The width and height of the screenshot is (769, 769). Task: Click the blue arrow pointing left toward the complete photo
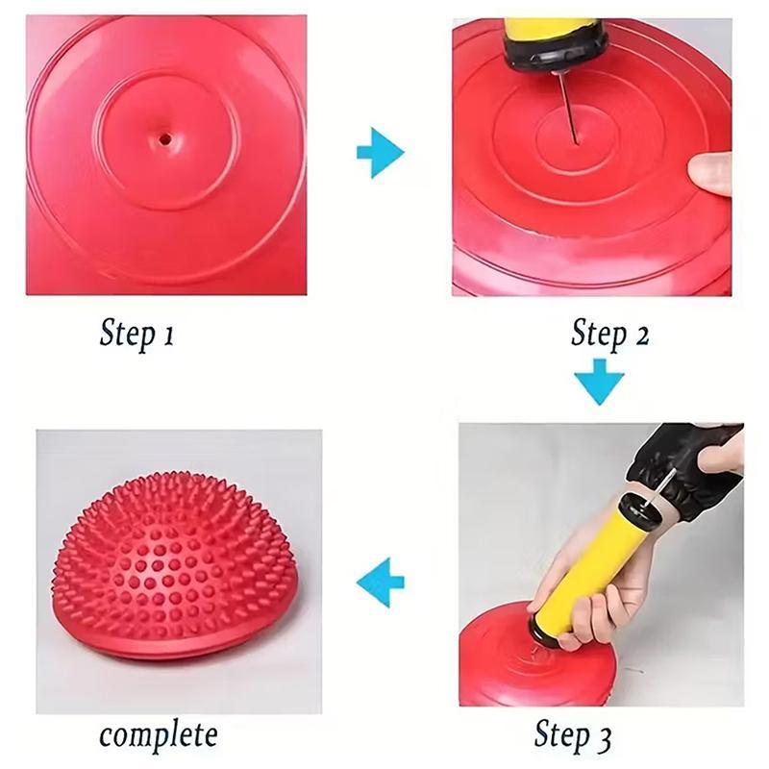coord(380,582)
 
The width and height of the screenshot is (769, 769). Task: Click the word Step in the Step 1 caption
coord(127,335)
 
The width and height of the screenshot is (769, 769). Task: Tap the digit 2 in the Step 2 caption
coord(638,335)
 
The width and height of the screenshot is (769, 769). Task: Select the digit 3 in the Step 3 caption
coord(603,738)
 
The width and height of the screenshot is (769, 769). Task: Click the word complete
coord(158,736)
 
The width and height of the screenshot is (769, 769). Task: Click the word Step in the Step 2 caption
coord(598,335)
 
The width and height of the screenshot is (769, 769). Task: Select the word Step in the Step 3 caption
coord(562,738)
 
